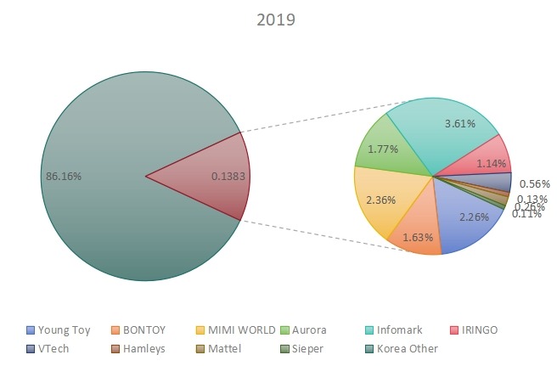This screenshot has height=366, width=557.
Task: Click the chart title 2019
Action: coord(277,20)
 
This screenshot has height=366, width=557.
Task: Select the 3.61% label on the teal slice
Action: coord(459,124)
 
